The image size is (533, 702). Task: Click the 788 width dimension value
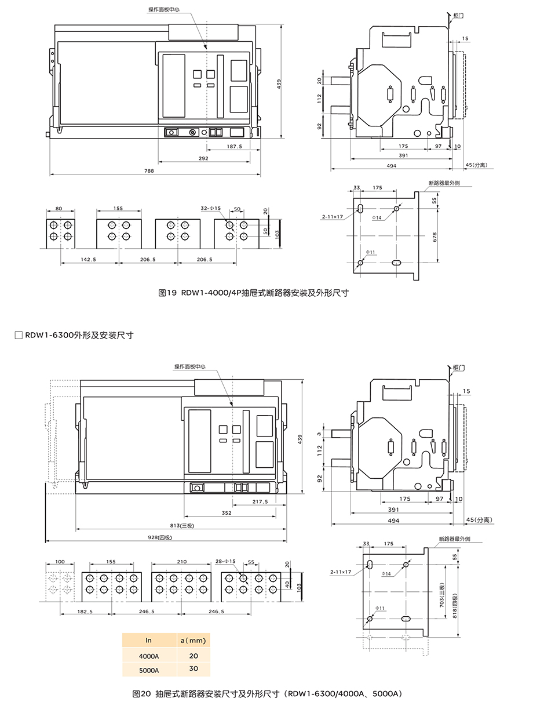tap(149, 171)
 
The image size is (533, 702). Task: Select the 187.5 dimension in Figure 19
tap(235, 147)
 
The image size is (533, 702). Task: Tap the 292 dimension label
tap(203, 158)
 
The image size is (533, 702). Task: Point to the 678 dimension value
tap(435, 237)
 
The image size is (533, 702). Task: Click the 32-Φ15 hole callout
tap(210, 208)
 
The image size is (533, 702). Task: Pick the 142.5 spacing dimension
tap(88, 259)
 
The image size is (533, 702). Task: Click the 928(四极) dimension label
tap(160, 537)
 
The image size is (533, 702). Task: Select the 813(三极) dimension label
tap(182, 525)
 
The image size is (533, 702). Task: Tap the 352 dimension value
tap(227, 513)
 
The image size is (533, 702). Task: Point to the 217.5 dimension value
tap(260, 501)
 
